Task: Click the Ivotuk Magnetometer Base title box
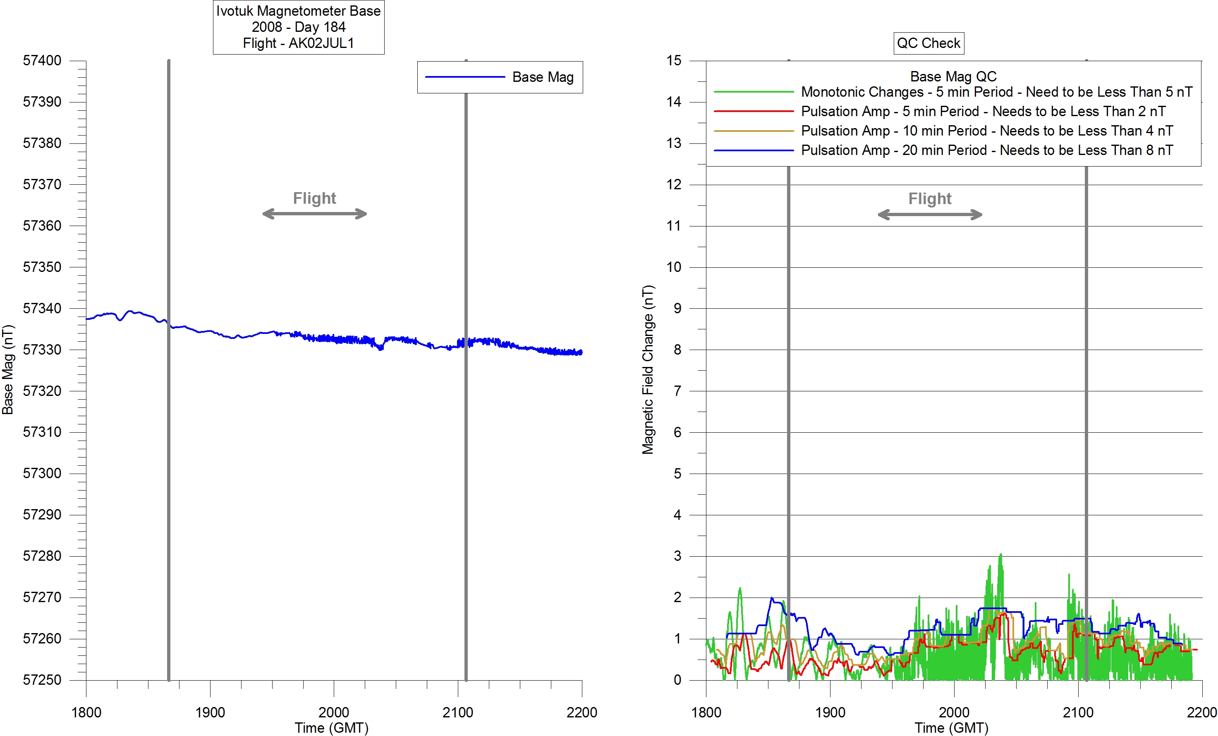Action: point(298,27)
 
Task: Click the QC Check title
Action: point(928,43)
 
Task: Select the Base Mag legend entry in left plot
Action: point(542,77)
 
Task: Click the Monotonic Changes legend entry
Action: point(996,92)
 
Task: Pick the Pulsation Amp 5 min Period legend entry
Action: point(983,111)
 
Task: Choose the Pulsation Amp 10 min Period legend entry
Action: point(987,131)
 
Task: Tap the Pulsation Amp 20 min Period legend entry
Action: point(987,150)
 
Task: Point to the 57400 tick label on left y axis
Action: point(42,61)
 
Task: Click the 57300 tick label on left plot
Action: point(42,473)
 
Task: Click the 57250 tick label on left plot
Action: point(42,680)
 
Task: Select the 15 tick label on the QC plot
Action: point(674,61)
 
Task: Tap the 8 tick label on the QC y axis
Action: point(677,350)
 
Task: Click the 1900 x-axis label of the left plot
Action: point(210,712)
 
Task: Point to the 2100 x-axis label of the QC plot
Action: point(1078,712)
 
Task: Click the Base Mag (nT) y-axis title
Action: point(8,369)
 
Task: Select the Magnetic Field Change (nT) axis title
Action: point(648,369)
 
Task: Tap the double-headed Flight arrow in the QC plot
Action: point(930,214)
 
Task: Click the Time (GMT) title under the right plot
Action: point(951,728)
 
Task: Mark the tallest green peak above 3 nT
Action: point(1001,555)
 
